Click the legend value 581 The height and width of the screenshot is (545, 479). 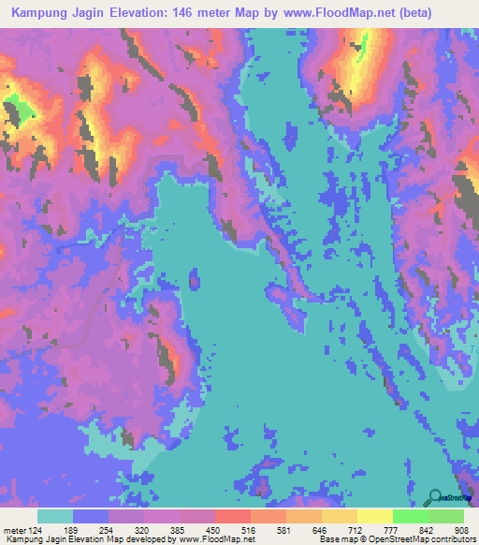pyautogui.click(x=293, y=528)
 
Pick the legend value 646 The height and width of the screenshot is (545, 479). pyautogui.click(x=328, y=528)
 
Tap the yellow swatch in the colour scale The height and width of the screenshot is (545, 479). pyautogui.click(x=374, y=516)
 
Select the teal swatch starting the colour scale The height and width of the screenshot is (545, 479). pyautogui.click(x=55, y=516)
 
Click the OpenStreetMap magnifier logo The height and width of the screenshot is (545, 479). pyautogui.click(x=436, y=497)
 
